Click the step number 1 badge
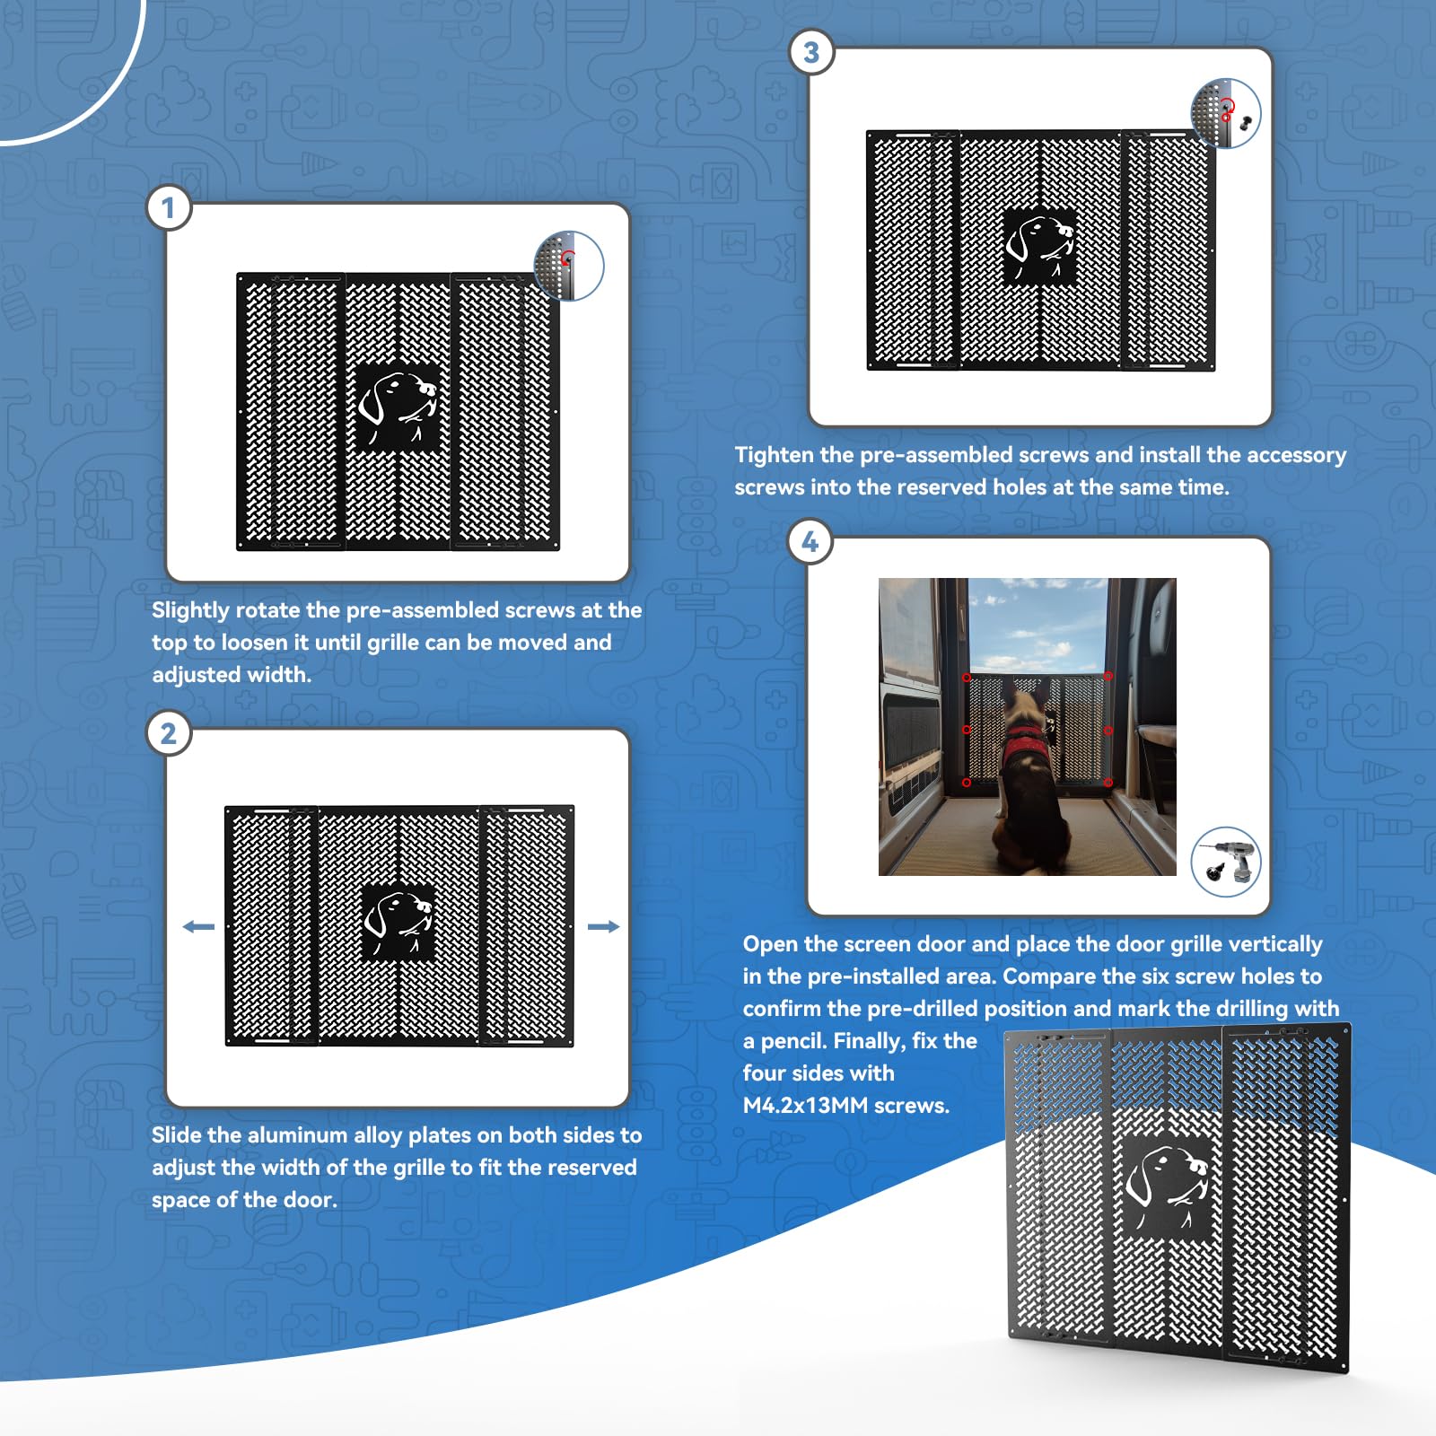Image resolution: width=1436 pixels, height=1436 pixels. [x=168, y=208]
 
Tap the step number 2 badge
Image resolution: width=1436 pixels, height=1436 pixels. [x=168, y=734]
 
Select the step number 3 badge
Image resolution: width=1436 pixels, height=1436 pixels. [x=811, y=53]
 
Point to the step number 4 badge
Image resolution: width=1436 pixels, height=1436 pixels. [x=810, y=542]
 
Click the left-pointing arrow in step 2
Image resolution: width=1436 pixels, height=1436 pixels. [x=198, y=926]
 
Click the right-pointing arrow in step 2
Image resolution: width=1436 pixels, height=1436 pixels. [x=603, y=926]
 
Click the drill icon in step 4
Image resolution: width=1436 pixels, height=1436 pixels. [x=1226, y=861]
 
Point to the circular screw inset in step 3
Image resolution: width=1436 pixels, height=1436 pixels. [x=1226, y=113]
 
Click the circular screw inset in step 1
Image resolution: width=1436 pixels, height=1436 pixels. [x=569, y=265]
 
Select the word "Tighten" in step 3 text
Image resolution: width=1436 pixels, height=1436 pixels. [x=774, y=455]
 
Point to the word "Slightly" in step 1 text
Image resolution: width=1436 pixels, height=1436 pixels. [x=191, y=610]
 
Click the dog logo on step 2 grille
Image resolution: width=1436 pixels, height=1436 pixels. [x=398, y=923]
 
